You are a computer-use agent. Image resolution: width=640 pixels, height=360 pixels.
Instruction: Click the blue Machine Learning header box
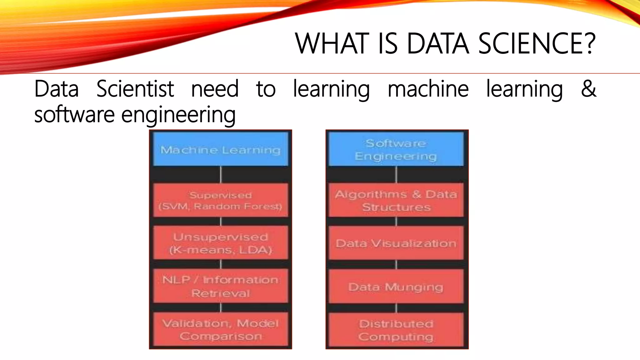click(220, 149)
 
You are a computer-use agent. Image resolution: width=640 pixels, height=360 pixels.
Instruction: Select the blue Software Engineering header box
click(396, 149)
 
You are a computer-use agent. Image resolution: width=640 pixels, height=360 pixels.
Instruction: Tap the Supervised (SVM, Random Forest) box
click(220, 200)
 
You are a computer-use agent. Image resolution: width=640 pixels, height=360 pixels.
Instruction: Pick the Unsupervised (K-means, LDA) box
click(220, 243)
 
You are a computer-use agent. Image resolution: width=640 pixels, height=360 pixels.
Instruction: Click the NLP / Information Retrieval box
click(220, 286)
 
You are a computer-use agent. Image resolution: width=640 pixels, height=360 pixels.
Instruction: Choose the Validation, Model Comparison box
click(220, 329)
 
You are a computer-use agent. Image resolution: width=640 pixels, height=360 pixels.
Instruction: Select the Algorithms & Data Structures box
click(396, 200)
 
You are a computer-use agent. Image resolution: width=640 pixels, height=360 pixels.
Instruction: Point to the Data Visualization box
click(396, 243)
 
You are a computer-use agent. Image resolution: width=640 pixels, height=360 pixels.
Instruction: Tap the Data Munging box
click(396, 287)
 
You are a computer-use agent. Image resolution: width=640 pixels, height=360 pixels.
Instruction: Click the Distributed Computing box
click(396, 330)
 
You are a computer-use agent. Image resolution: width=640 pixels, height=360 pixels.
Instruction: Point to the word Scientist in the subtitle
click(135, 89)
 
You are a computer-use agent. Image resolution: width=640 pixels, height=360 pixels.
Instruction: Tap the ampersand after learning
click(588, 89)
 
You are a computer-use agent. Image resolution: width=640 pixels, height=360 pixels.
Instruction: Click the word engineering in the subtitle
click(178, 115)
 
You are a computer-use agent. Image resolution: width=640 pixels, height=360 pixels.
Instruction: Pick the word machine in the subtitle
click(428, 89)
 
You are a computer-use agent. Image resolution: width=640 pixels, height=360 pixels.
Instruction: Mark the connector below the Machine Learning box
click(221, 174)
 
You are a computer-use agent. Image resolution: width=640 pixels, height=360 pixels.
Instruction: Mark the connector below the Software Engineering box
click(396, 174)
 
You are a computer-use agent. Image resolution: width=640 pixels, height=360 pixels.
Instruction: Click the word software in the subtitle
click(74, 114)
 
